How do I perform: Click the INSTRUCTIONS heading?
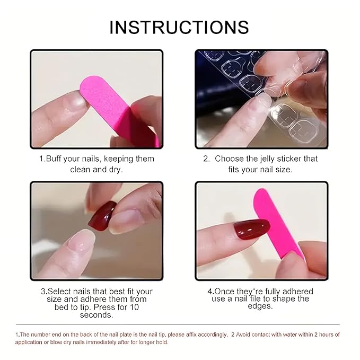point(179,27)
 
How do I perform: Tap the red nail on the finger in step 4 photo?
point(252,229)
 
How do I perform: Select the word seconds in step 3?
point(96,314)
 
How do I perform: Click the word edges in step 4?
point(260,306)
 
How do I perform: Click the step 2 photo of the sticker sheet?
point(261,99)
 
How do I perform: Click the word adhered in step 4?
point(294,291)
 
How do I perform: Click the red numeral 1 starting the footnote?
point(17,335)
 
